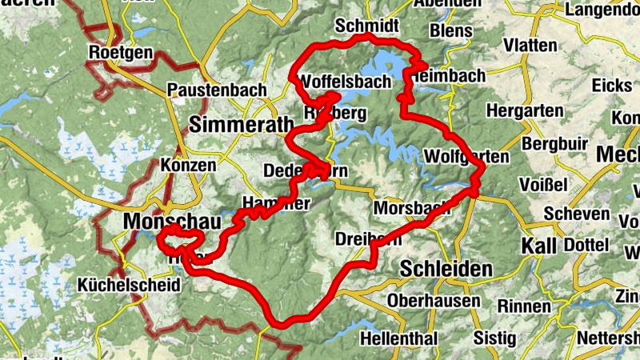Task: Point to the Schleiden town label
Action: [x=446, y=269]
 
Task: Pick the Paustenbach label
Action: [x=218, y=90]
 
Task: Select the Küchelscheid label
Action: [x=123, y=285]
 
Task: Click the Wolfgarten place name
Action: [x=468, y=155]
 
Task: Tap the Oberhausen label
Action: [x=432, y=301]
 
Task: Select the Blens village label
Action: [x=451, y=30]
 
